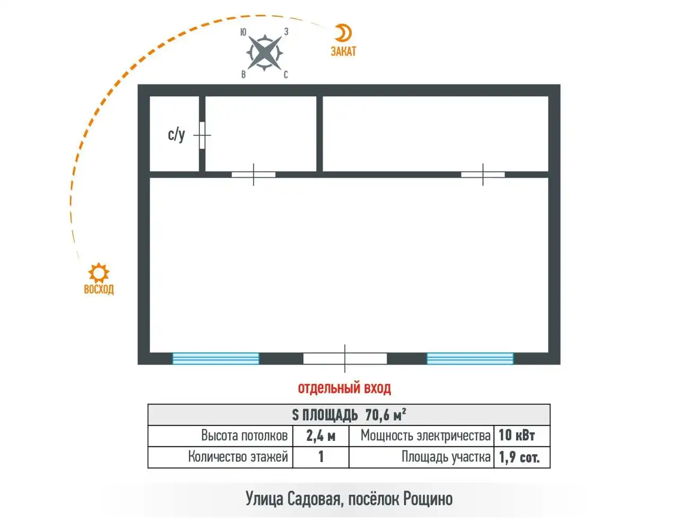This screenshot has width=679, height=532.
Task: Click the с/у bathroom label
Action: (x=176, y=135)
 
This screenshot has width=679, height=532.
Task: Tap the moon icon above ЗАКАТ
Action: (x=344, y=33)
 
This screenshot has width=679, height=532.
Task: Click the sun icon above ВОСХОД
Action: (x=99, y=273)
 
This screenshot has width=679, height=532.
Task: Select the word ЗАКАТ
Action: (x=343, y=51)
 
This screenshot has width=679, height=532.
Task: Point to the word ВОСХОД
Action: (x=99, y=289)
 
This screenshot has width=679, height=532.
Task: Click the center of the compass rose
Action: (x=265, y=53)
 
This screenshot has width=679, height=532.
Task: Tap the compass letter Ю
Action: (x=243, y=32)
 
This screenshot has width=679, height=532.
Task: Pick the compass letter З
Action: (x=286, y=31)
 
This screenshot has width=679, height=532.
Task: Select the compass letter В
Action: (x=243, y=75)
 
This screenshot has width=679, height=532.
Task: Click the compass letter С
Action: (x=285, y=75)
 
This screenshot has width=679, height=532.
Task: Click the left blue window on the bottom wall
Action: (x=216, y=359)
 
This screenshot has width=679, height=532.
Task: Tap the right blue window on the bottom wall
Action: (x=470, y=359)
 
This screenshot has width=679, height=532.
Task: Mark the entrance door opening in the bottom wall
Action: (x=345, y=359)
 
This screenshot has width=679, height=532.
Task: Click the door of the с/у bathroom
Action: (x=202, y=135)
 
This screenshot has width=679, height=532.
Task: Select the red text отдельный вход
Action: (x=344, y=388)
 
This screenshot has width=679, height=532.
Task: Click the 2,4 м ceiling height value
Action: (x=320, y=436)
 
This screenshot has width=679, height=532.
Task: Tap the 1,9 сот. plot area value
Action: (x=519, y=457)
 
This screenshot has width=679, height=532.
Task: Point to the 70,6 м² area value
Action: (x=386, y=415)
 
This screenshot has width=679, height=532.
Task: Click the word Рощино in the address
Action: (x=428, y=499)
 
